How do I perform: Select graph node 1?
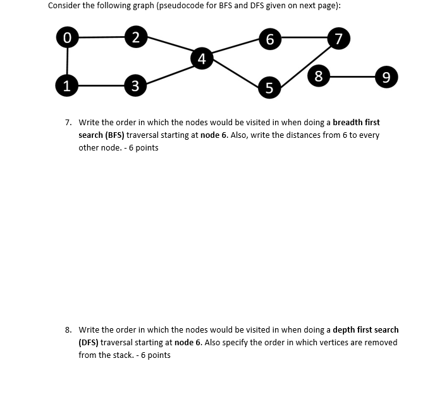click(x=66, y=85)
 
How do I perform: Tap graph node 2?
click(x=134, y=37)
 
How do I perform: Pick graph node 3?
click(x=134, y=85)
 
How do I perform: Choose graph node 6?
click(x=269, y=39)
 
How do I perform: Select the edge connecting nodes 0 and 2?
click(x=100, y=37)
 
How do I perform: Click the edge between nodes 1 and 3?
click(x=100, y=85)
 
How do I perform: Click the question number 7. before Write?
click(x=69, y=122)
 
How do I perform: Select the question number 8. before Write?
click(x=69, y=329)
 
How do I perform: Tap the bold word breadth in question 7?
click(x=348, y=122)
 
